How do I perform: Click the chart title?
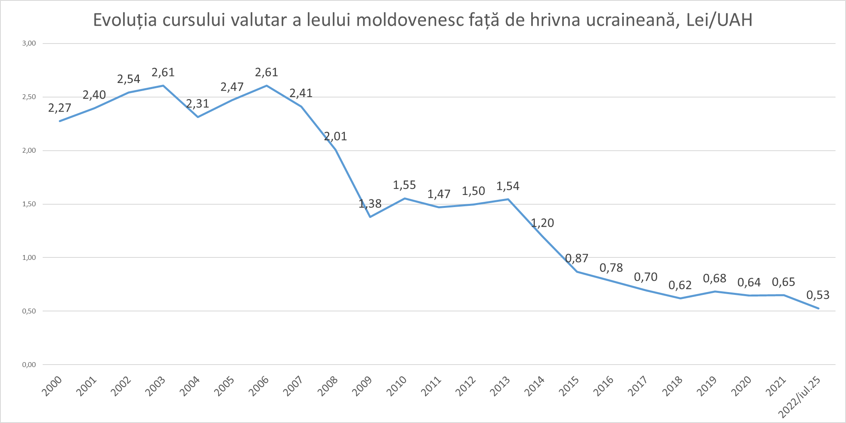point(423,20)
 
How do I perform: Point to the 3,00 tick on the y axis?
point(29,44)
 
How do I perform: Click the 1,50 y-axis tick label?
point(29,204)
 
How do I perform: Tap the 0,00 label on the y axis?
point(29,365)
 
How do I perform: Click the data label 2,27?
point(60,108)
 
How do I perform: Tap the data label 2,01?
point(336,137)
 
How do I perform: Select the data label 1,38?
point(370,204)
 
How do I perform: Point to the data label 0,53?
point(818,295)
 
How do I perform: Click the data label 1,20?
point(543,223)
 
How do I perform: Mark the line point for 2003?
point(163,85)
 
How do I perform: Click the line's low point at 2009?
point(370,217)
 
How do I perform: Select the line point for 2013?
point(508,199)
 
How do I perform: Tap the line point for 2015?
point(577,272)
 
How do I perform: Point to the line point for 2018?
point(681,298)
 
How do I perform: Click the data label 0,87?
point(577,258)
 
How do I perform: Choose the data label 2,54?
point(129,79)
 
